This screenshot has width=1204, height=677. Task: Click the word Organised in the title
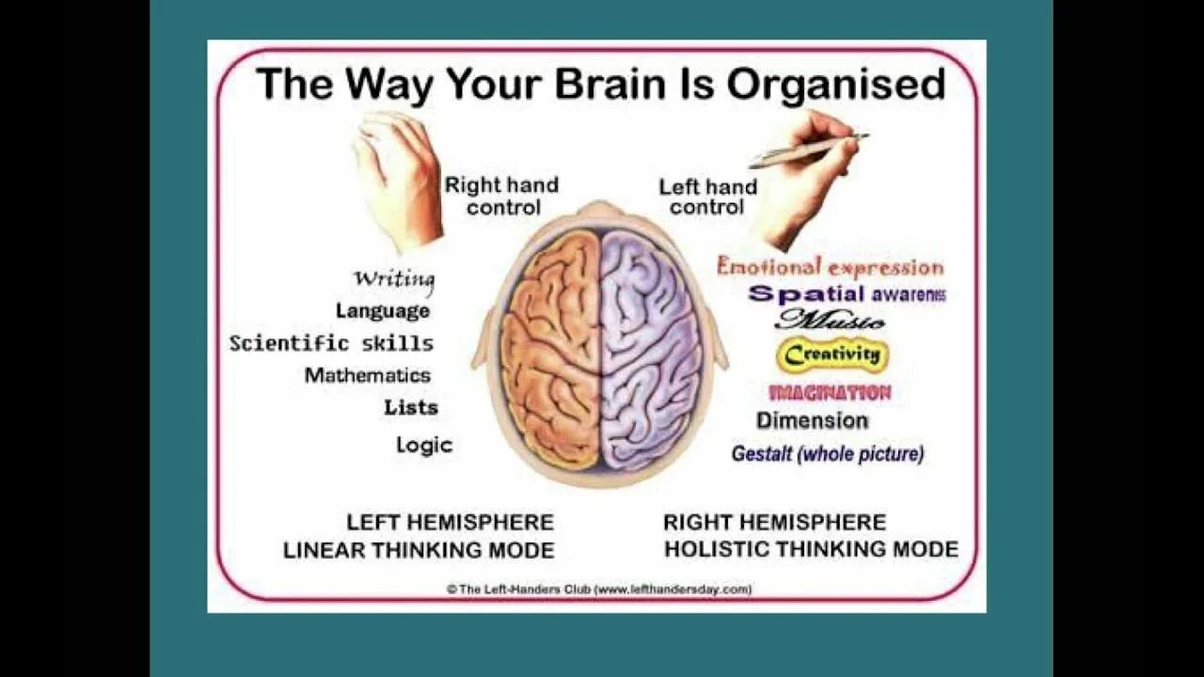(x=835, y=85)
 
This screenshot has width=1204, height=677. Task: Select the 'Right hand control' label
(x=501, y=196)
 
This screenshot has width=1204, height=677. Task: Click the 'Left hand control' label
(x=707, y=197)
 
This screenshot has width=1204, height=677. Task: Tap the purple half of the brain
(x=649, y=348)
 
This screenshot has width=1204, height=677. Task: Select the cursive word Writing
(x=394, y=278)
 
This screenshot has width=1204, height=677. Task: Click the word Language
(x=383, y=310)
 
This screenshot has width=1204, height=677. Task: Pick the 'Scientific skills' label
(x=331, y=343)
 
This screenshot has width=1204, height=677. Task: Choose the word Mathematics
(x=367, y=375)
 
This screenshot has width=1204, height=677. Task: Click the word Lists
(x=411, y=407)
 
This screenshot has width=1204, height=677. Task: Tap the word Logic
(x=424, y=445)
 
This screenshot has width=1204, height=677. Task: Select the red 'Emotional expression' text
(x=830, y=266)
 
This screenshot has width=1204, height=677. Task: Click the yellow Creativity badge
(x=832, y=355)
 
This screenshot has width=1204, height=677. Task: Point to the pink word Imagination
(x=830, y=392)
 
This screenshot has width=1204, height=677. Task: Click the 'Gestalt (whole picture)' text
(x=828, y=454)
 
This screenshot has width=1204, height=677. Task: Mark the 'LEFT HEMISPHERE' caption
(x=450, y=522)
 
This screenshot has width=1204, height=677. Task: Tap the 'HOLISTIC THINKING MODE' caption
(x=811, y=549)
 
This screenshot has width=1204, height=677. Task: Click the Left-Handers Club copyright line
(x=599, y=590)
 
